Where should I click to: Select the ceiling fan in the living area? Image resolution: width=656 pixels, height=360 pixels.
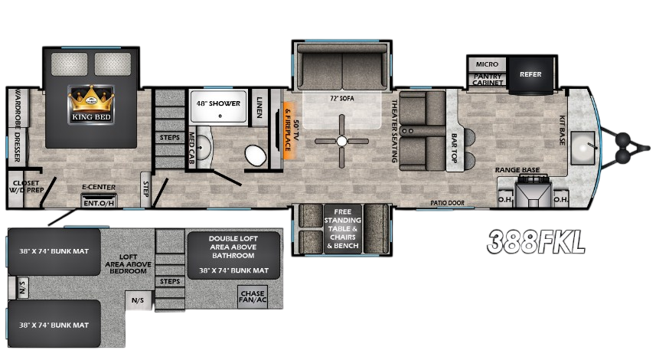tap(342, 140)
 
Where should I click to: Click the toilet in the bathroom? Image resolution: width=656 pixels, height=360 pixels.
tap(255, 155)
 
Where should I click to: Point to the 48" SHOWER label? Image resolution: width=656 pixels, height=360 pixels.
tap(218, 103)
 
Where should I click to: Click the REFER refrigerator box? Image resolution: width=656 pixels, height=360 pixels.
tap(530, 74)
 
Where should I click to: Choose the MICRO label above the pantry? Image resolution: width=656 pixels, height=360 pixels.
tap(487, 64)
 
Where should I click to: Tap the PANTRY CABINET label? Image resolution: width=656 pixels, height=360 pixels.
tap(487, 80)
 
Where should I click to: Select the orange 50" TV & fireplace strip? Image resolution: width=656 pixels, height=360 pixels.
tap(289, 129)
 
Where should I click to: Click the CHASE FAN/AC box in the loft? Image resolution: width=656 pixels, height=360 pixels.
tap(253, 297)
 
